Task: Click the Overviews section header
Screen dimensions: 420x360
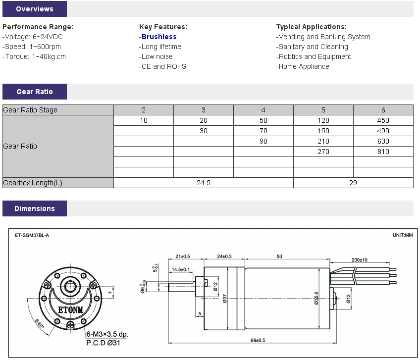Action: point(34,9)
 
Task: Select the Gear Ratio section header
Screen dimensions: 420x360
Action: point(34,92)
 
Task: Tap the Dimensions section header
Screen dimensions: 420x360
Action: point(34,208)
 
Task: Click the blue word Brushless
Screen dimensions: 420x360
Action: point(159,37)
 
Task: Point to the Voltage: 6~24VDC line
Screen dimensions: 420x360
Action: point(33,37)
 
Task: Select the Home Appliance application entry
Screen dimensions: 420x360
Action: point(303,66)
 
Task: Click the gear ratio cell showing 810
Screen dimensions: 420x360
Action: point(383,152)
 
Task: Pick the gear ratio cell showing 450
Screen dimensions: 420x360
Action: point(383,120)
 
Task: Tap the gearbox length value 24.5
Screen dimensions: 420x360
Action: point(204,183)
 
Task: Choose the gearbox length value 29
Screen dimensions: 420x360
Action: point(353,183)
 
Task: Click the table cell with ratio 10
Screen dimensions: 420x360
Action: point(144,120)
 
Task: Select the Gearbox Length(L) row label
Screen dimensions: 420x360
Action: point(33,183)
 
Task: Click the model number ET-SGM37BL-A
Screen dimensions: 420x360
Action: point(32,235)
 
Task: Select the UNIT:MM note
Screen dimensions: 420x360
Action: point(402,235)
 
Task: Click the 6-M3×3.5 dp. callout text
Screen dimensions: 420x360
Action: point(107,334)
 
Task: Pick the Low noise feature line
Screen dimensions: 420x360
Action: point(157,56)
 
